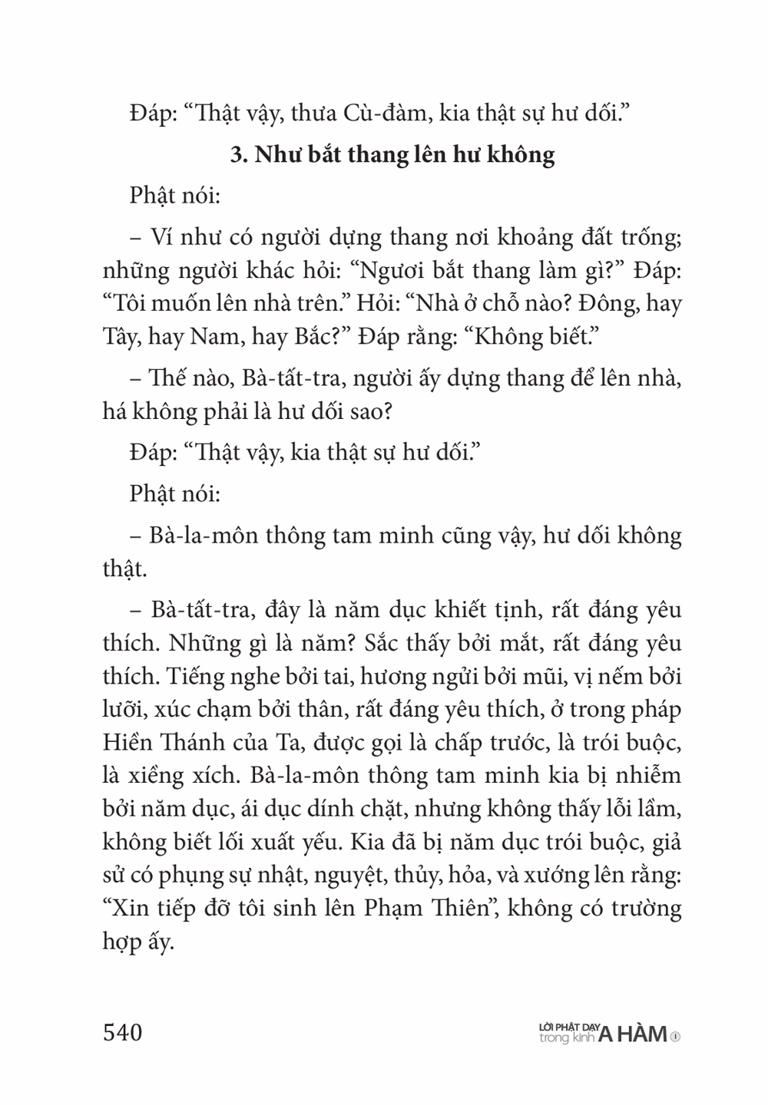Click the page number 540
[123, 1032]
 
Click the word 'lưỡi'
[123, 710]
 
